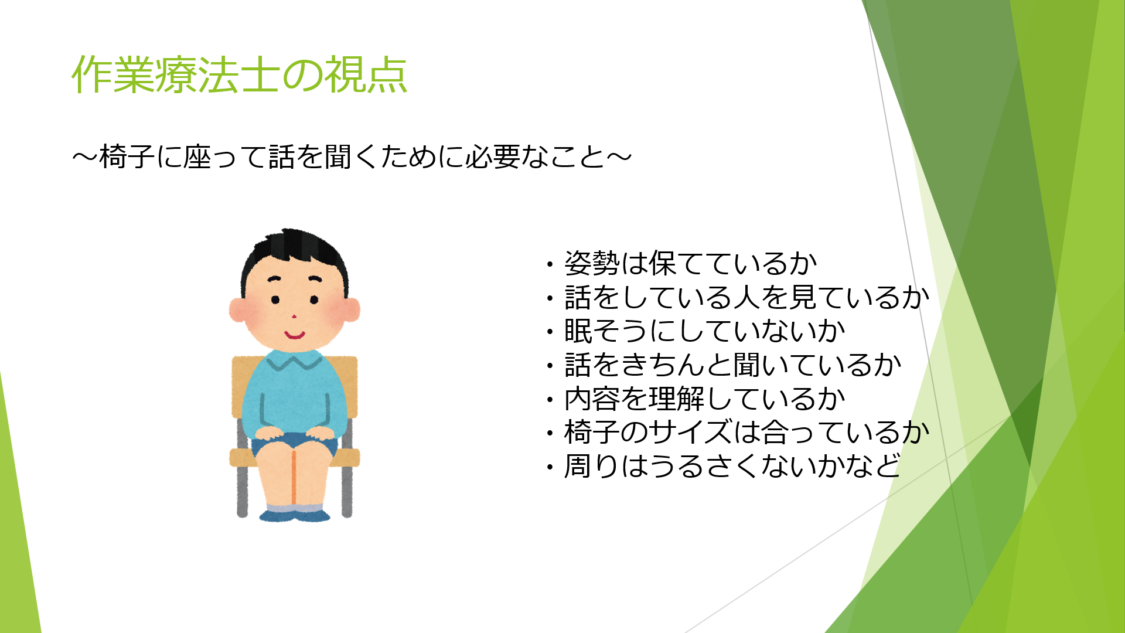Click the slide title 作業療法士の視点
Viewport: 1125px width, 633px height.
[x=239, y=74]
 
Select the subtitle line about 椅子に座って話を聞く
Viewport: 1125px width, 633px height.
[x=352, y=157]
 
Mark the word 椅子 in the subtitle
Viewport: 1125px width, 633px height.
[x=127, y=157]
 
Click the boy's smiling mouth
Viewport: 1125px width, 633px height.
[x=294, y=335]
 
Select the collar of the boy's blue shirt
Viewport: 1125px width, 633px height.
[x=294, y=359]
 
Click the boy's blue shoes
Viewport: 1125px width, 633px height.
[x=294, y=516]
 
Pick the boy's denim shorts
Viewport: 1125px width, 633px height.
[x=294, y=444]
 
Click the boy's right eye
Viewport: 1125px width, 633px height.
[x=275, y=300]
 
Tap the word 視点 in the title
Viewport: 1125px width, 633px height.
[x=366, y=74]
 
